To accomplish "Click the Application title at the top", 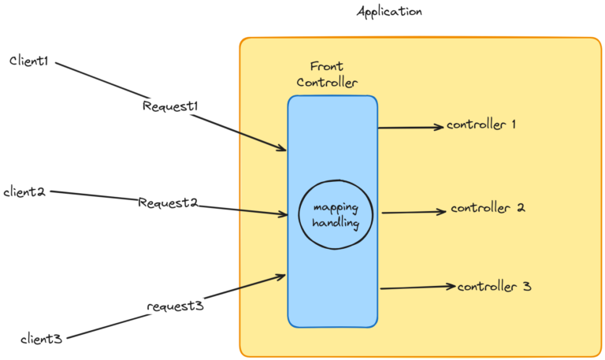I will (389, 12).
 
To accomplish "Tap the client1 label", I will (29, 61).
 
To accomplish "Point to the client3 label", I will (41, 339).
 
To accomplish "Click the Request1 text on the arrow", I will (169, 106).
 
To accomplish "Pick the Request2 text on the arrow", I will (167, 202).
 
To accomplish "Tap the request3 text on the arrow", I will (176, 306).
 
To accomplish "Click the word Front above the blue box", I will (326, 68).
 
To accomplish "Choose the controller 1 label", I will (481, 124).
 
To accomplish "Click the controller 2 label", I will (488, 209).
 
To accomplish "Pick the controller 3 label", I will (494, 287).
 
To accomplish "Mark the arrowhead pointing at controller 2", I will (443, 211).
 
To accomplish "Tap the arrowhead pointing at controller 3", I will (451, 287).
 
